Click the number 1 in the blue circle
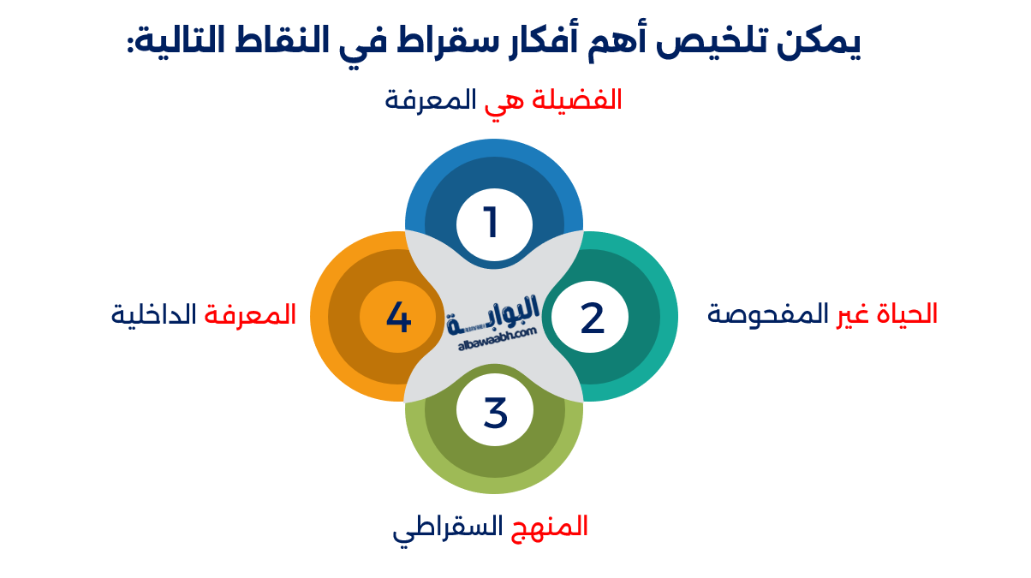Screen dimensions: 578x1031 (x=492, y=223)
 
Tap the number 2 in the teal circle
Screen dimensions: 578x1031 (x=592, y=318)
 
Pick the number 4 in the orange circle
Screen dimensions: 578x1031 (x=398, y=318)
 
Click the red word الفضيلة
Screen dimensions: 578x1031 (x=577, y=100)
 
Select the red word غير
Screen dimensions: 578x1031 (x=850, y=315)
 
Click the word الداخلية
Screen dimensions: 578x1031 (x=154, y=314)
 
